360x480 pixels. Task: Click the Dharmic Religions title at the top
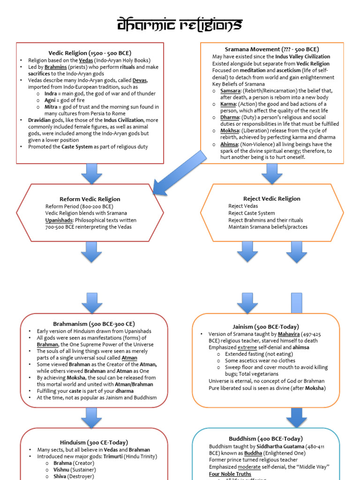click(180, 24)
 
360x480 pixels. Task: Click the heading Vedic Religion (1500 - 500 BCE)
click(90, 52)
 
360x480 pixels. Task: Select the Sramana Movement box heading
click(272, 49)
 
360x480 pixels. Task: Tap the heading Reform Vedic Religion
click(90, 199)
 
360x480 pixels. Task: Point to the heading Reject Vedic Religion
click(272, 198)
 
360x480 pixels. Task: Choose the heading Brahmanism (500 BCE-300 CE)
click(94, 323)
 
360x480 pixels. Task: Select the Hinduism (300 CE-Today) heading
click(94, 442)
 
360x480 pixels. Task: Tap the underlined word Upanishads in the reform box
click(59, 220)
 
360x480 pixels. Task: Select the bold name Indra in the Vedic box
click(50, 94)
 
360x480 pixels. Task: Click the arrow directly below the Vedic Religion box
click(91, 173)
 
